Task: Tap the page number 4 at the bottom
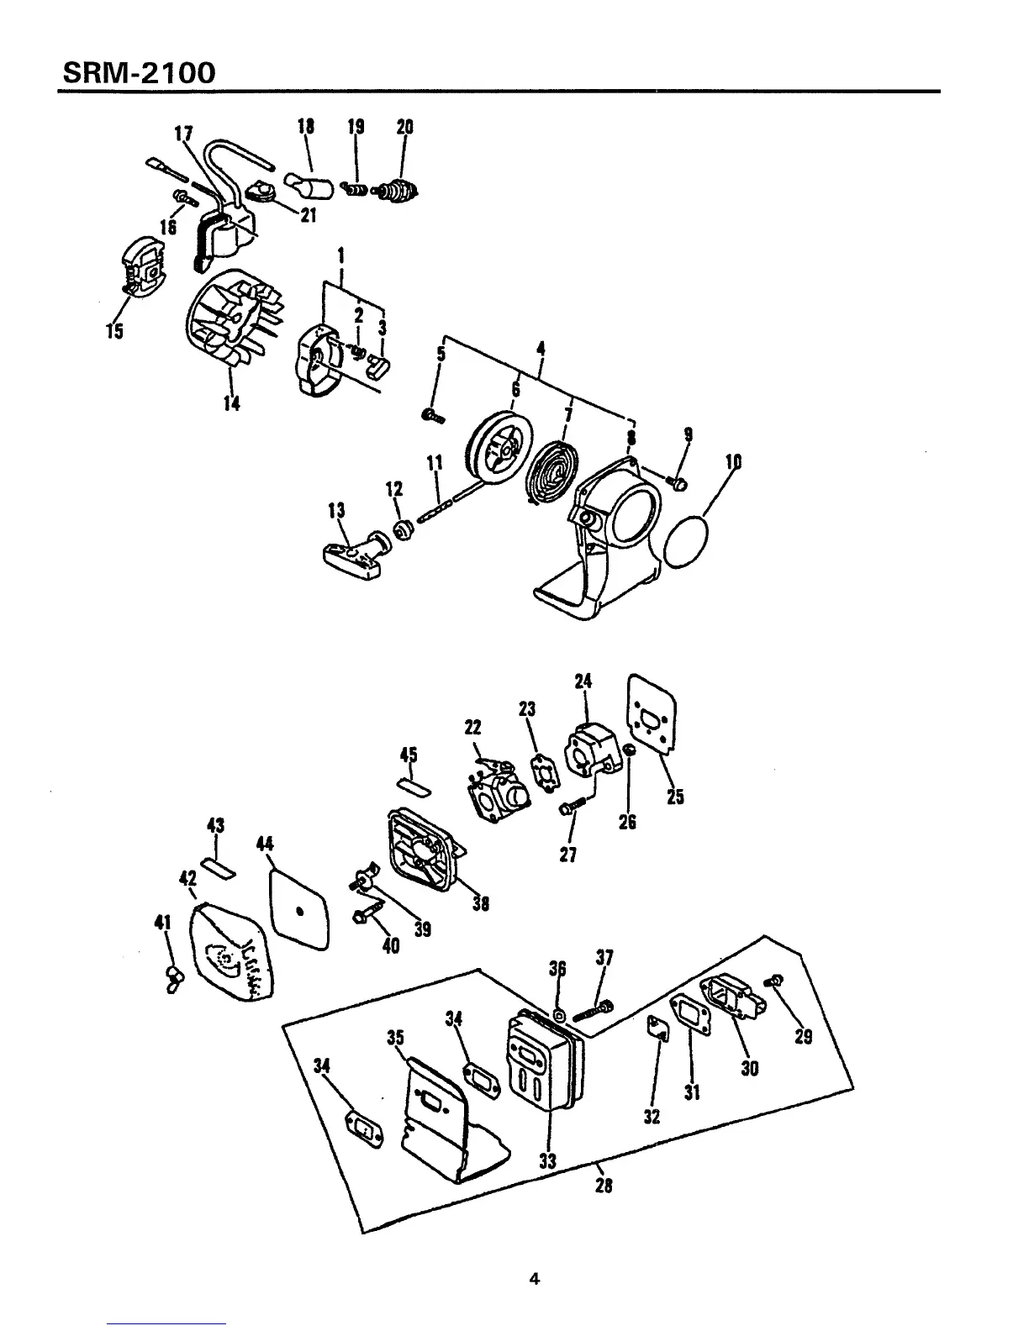coord(533,1279)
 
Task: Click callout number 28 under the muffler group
coord(603,1186)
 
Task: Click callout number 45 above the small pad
coord(409,754)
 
